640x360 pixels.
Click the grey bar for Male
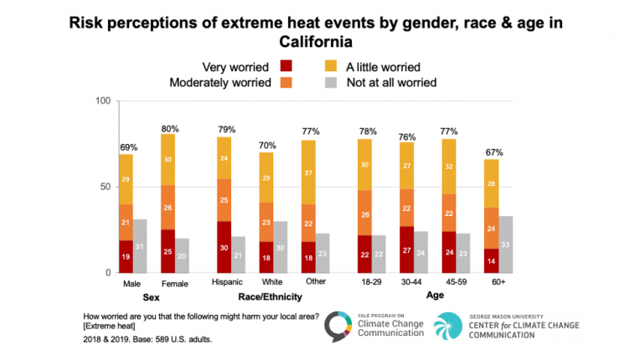point(139,246)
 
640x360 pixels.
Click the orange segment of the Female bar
point(168,207)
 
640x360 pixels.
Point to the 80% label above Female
point(168,128)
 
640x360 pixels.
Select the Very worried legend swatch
point(286,66)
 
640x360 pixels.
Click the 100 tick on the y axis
point(104,101)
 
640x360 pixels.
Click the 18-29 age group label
point(371,284)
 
